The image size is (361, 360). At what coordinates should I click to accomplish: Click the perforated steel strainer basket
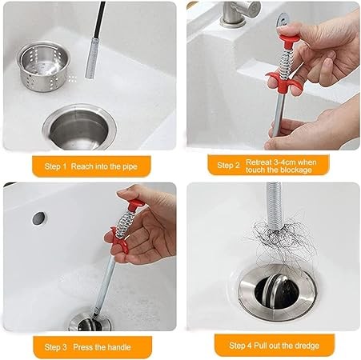[43, 66]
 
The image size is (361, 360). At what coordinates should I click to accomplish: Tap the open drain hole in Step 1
[79, 128]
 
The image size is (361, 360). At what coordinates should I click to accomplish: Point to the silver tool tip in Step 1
[92, 58]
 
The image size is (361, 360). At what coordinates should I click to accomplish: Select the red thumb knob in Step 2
[289, 38]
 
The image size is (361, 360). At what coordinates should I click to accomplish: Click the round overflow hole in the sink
[39, 218]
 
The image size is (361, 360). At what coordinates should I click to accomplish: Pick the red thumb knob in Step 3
[136, 205]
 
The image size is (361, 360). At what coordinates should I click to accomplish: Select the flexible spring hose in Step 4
[275, 206]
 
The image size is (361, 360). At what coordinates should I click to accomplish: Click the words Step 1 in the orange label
[55, 166]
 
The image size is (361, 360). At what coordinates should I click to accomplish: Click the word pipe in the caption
[130, 167]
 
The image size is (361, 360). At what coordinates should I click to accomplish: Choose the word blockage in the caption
[294, 170]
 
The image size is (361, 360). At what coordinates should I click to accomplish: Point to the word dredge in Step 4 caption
[306, 346]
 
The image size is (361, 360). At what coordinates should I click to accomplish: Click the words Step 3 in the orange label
[55, 347]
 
